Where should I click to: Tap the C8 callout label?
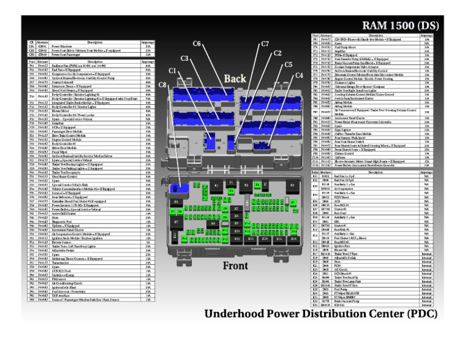pyautogui.click(x=162, y=86)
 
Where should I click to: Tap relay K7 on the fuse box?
pyautogui.click(x=177, y=222)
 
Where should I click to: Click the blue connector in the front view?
pyautogui.click(x=179, y=188)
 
